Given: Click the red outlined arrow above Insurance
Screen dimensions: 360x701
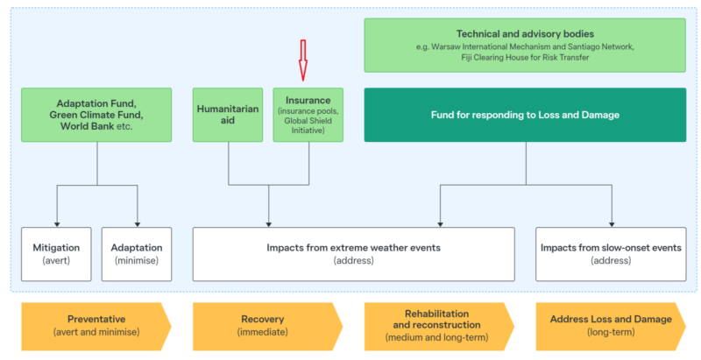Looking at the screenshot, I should tap(303, 60).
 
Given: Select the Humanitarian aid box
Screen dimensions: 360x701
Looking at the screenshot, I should tap(229, 114).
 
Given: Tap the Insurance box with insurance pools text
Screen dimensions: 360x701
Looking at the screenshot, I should tap(308, 114).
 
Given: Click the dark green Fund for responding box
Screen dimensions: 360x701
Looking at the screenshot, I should tap(526, 114).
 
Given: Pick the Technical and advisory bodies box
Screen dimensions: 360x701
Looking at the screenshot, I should tap(526, 46).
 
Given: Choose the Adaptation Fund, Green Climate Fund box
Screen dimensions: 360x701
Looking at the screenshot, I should tap(96, 114).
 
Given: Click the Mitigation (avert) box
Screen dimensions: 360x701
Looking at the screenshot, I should tap(56, 254).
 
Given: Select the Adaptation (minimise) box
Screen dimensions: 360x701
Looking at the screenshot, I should tap(138, 254).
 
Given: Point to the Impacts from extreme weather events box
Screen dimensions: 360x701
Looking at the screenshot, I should tap(353, 254).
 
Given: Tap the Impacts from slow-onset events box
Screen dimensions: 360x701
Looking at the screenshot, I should tap(611, 254).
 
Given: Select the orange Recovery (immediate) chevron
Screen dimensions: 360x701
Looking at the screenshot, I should tap(267, 325).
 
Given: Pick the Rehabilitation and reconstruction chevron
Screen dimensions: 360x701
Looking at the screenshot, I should tap(438, 325).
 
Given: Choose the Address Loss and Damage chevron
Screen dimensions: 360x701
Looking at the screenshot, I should tap(611, 325).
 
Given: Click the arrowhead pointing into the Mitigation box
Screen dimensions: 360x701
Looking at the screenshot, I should tap(56, 222).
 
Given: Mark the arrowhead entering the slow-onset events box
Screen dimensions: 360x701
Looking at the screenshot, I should tap(611, 222).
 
